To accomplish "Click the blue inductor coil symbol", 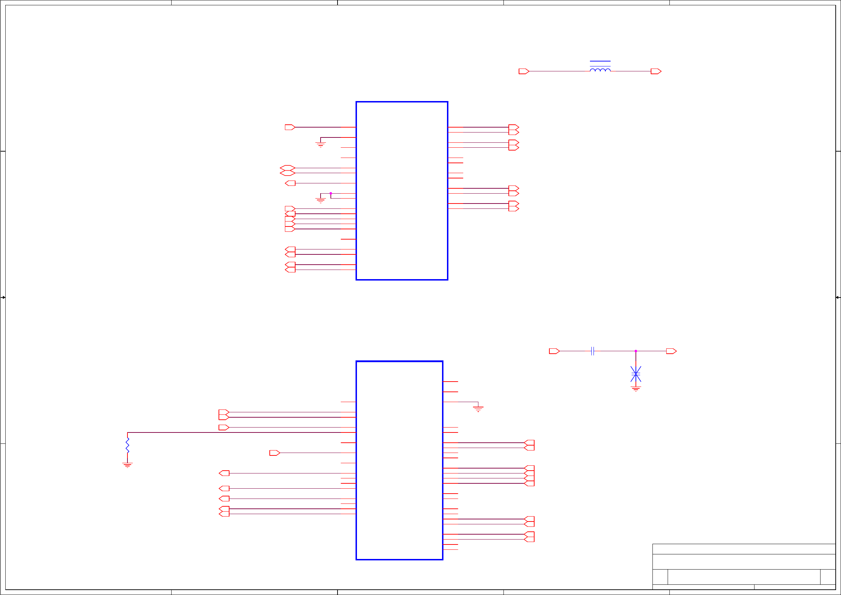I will click(600, 70).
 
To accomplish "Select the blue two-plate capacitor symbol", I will click(592, 351).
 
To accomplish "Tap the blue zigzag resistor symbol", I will click(127, 445).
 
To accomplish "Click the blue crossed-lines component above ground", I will click(636, 374).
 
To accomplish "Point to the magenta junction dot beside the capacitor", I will click(636, 351).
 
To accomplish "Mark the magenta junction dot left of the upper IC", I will click(331, 193).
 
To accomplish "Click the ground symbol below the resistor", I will click(127, 465).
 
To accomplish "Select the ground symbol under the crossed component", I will click(636, 389).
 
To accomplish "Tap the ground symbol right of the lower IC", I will click(478, 409).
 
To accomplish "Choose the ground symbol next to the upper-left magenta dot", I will click(321, 200).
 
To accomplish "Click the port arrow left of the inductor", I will click(524, 71).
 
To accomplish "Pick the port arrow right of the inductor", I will click(656, 71).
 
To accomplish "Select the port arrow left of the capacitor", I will click(554, 351).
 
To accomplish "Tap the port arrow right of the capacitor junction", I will click(671, 351).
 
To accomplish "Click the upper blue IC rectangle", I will click(402, 191).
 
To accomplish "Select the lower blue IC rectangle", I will click(399, 460).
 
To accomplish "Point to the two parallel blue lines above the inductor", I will click(600, 64).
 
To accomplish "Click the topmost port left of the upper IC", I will click(290, 127).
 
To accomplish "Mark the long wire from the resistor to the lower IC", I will click(234, 432).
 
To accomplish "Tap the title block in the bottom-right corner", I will click(744, 566).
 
